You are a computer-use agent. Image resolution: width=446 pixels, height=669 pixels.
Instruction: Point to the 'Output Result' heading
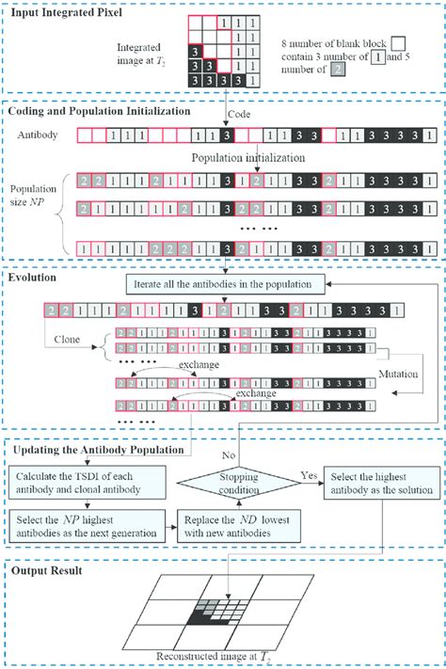tap(48, 570)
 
